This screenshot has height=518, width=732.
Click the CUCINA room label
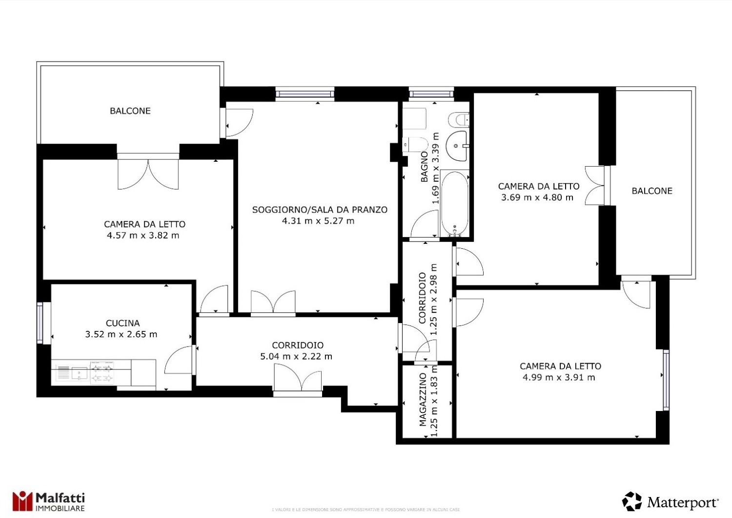point(123,323)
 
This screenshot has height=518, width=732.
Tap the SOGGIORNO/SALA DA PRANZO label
point(320,210)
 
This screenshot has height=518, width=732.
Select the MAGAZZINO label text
point(423,400)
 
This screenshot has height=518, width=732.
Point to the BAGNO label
point(424,167)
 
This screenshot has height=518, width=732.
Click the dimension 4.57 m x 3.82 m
point(143,235)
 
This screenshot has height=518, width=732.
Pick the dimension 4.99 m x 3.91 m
point(559,377)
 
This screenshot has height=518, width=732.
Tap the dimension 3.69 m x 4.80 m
point(537,197)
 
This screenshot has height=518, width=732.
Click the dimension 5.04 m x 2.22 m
point(296,356)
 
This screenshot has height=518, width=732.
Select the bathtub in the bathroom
point(455,203)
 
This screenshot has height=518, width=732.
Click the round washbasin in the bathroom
point(458,146)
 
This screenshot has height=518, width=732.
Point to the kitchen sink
point(80,374)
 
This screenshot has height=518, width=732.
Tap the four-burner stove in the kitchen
point(102,372)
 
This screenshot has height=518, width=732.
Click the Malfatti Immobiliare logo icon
point(22,501)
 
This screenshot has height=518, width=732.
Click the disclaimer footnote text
point(366,510)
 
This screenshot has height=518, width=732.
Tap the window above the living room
point(305,94)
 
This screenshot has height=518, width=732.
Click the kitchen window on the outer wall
point(40,323)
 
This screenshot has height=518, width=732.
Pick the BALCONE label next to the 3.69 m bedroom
point(652,191)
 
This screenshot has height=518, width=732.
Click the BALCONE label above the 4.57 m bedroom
point(130,111)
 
